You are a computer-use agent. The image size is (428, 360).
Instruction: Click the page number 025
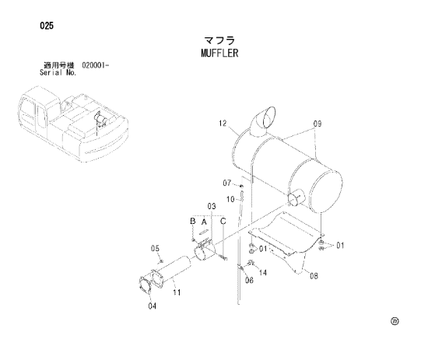point(47,26)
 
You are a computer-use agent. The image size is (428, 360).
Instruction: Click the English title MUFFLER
point(219,53)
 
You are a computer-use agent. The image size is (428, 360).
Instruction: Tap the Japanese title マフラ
point(219,40)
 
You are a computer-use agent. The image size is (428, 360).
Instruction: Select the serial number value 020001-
point(95,65)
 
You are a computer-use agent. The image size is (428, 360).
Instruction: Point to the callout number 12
point(223,124)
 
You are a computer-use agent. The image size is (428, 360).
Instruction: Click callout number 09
point(317,124)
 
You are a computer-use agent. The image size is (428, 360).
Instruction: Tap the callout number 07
point(226,183)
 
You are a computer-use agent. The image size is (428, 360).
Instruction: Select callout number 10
point(230,199)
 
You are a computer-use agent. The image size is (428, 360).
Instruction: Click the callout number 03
point(212,206)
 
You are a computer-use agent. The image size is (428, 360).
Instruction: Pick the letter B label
point(193,221)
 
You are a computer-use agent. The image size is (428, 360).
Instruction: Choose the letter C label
point(223,221)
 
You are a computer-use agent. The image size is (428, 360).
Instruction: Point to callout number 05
point(155,248)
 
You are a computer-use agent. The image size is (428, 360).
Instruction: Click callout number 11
point(177,292)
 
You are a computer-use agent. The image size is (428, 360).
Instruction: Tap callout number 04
point(153,306)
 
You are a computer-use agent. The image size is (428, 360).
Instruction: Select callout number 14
point(263,272)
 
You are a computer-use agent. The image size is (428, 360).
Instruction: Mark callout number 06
point(249,280)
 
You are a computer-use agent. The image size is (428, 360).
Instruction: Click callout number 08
point(314,276)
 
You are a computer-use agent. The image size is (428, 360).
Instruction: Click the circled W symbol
point(395,321)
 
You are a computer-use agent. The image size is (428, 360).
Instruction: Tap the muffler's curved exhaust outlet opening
point(269,118)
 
